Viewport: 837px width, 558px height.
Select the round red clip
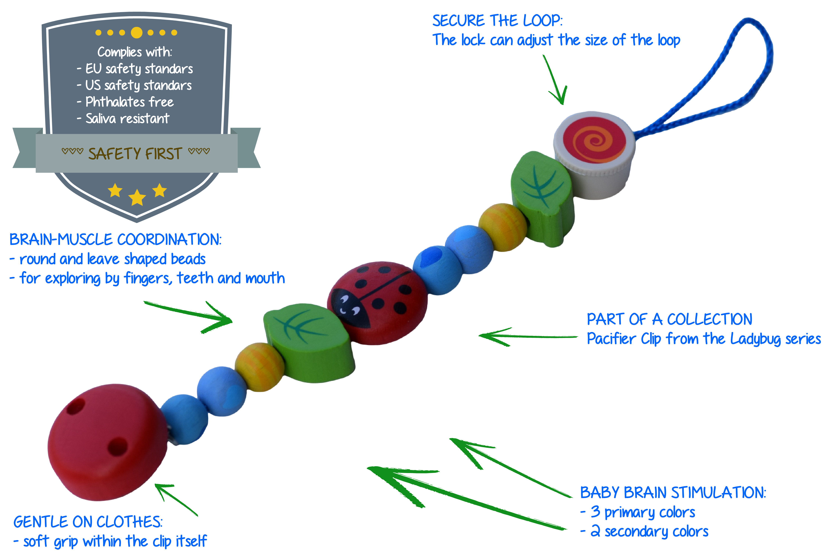pyautogui.click(x=107, y=441)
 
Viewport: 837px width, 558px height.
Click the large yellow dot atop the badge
pyautogui.click(x=137, y=33)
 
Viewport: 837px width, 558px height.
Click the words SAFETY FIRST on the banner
pyautogui.click(x=135, y=154)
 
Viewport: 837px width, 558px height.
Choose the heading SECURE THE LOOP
pyautogui.click(x=497, y=21)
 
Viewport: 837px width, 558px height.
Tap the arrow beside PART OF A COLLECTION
pyautogui.click(x=527, y=336)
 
